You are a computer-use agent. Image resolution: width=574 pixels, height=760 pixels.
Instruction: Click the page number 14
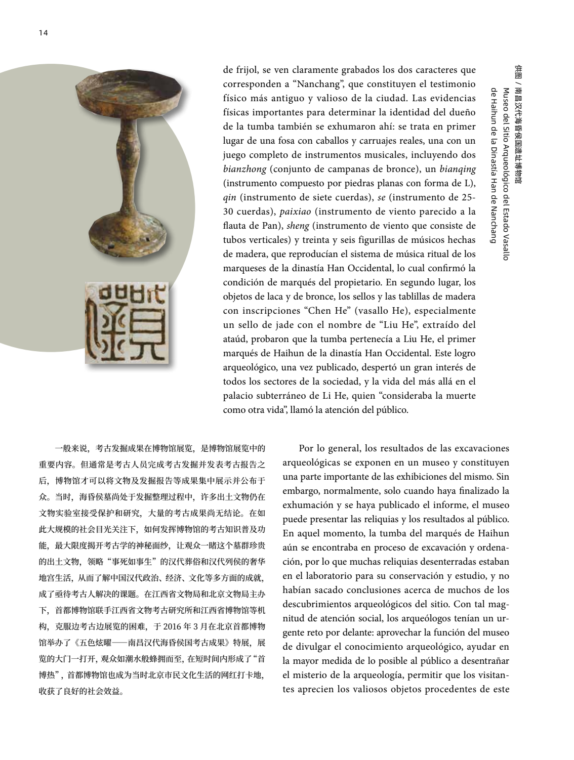[43, 33]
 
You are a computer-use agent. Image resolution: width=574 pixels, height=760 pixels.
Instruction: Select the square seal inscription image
[127, 322]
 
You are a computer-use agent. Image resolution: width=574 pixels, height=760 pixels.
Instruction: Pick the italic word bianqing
[458, 168]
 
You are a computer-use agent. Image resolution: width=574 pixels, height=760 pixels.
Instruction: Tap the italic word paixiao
[296, 211]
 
